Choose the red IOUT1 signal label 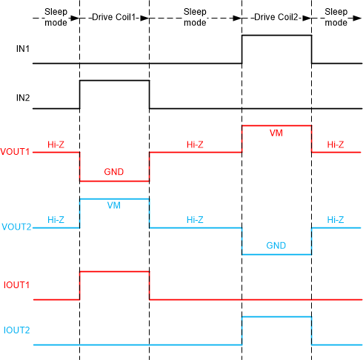[17, 284]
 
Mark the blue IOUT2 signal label [17, 329]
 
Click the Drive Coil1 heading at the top [114, 17]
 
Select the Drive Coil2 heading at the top [276, 17]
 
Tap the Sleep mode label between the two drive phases [195, 17]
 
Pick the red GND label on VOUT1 [114, 172]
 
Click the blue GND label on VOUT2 [276, 246]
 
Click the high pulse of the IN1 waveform [276, 36]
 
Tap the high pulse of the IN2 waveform [114, 81]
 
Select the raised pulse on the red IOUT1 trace [114, 272]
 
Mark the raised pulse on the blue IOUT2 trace [276, 317]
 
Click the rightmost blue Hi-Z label [336, 220]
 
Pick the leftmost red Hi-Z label [56, 144]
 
